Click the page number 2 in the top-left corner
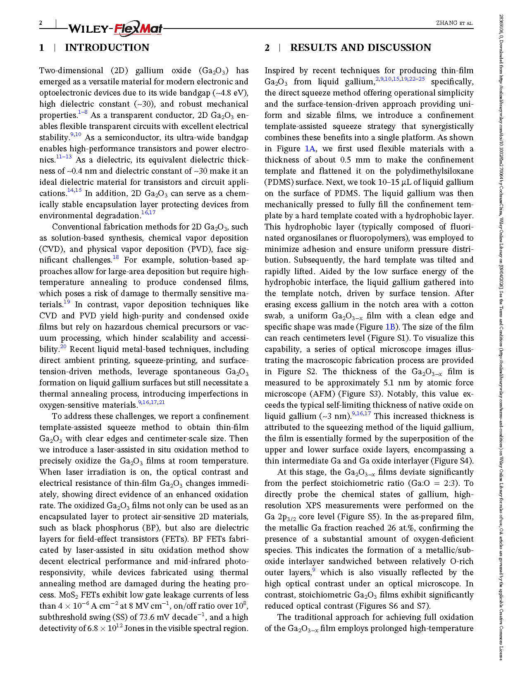pyautogui.click(x=41, y=23)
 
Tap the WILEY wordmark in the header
pyautogui.click(x=88, y=29)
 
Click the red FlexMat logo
pyautogui.click(x=138, y=29)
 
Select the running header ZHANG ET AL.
pyautogui.click(x=454, y=23)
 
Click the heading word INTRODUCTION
pyautogui.click(x=107, y=48)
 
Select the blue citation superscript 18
pyautogui.click(x=116, y=257)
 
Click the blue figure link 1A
pyautogui.click(x=310, y=149)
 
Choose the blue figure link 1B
pyautogui.click(x=390, y=327)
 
